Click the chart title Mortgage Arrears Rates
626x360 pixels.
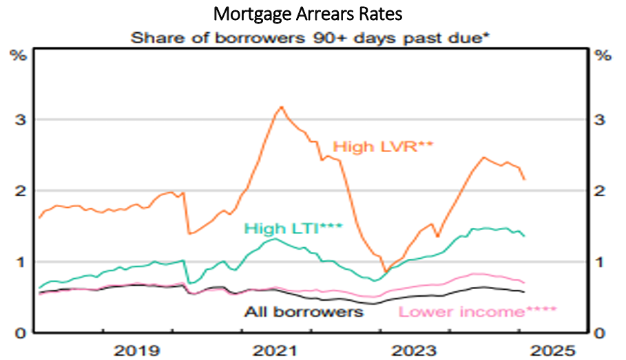click(x=312, y=14)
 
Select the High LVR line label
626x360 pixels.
click(x=372, y=146)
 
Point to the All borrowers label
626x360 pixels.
click(x=304, y=311)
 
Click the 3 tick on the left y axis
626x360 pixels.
click(x=21, y=119)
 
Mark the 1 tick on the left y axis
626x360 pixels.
click(x=21, y=262)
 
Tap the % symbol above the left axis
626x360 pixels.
click(x=18, y=56)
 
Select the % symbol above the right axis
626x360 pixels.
click(x=604, y=56)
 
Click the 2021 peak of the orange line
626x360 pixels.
click(x=281, y=107)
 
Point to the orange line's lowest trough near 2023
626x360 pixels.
click(x=385, y=271)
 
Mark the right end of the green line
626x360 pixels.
click(x=525, y=236)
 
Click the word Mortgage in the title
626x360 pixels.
click(x=245, y=14)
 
